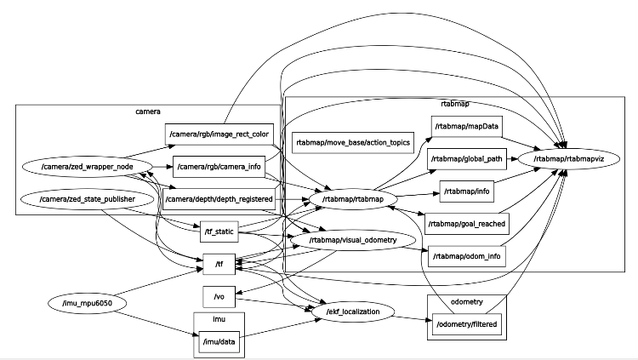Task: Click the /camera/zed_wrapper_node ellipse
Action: pos(84,166)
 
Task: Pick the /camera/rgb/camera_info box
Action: pos(219,166)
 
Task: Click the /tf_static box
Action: pos(219,231)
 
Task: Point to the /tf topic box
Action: pos(219,264)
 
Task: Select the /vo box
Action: pos(219,296)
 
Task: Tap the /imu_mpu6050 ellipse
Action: pos(87,303)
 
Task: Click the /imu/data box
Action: pos(219,342)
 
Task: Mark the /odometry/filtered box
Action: pos(466,325)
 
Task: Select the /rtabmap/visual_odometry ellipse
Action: pos(354,241)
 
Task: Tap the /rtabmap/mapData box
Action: pos(466,127)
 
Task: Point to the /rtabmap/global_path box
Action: pos(466,158)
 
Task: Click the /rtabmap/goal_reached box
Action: pos(466,224)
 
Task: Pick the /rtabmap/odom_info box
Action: pos(467,256)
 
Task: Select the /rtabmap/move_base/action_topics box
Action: pos(353,142)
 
